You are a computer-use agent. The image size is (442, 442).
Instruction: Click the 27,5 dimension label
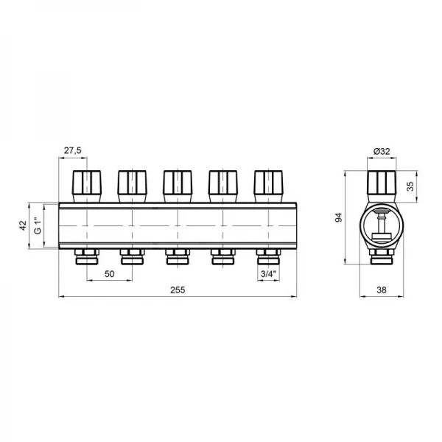(72, 150)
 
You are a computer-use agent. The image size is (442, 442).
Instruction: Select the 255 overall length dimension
(178, 290)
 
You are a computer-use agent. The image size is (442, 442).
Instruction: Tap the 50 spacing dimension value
(109, 274)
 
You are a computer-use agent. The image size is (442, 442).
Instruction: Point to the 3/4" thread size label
(268, 274)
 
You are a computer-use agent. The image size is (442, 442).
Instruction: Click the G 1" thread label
(38, 225)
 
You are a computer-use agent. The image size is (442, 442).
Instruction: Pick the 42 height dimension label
(23, 225)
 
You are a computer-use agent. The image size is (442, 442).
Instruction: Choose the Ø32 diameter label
(382, 151)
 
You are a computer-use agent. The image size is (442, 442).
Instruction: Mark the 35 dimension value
(410, 186)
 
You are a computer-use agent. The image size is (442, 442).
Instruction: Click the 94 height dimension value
(338, 217)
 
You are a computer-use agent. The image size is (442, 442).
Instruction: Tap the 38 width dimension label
(382, 290)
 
